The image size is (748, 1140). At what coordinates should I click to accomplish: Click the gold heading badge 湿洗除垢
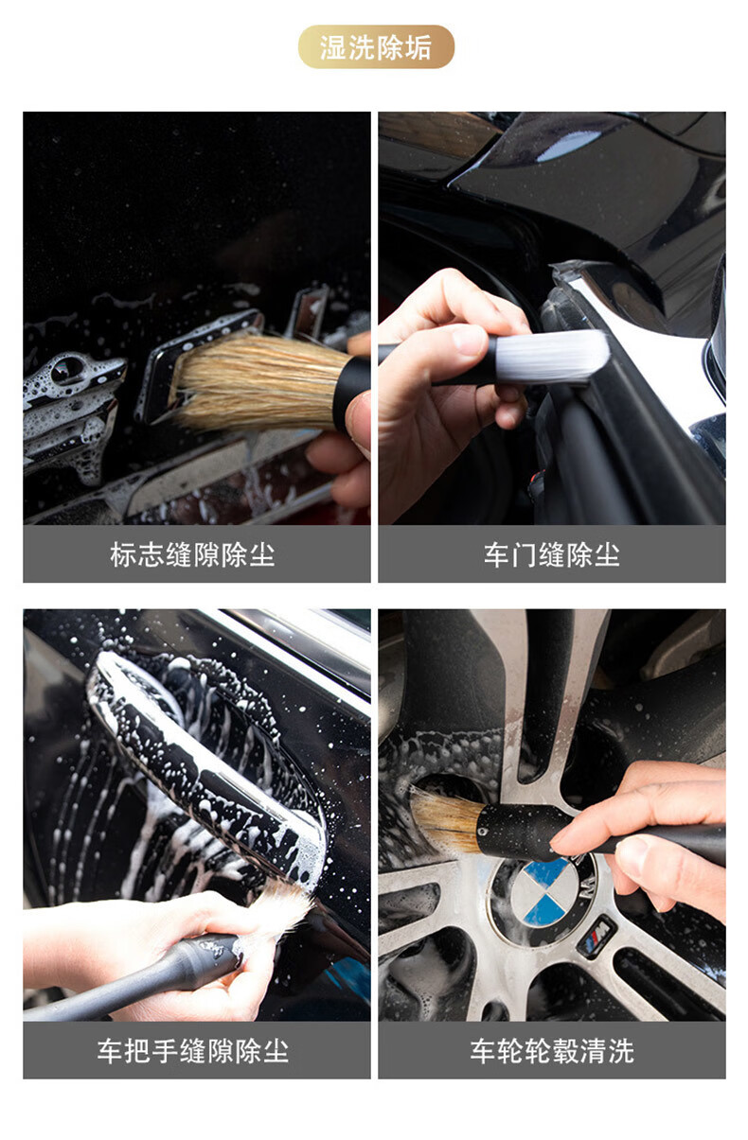click(x=376, y=46)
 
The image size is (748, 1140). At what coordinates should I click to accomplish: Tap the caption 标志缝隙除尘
click(x=192, y=554)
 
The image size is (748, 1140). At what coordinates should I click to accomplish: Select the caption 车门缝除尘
click(x=552, y=554)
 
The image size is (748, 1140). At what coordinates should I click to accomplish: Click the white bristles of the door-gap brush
click(x=551, y=357)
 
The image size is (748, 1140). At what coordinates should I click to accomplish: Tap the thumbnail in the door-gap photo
click(x=470, y=340)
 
